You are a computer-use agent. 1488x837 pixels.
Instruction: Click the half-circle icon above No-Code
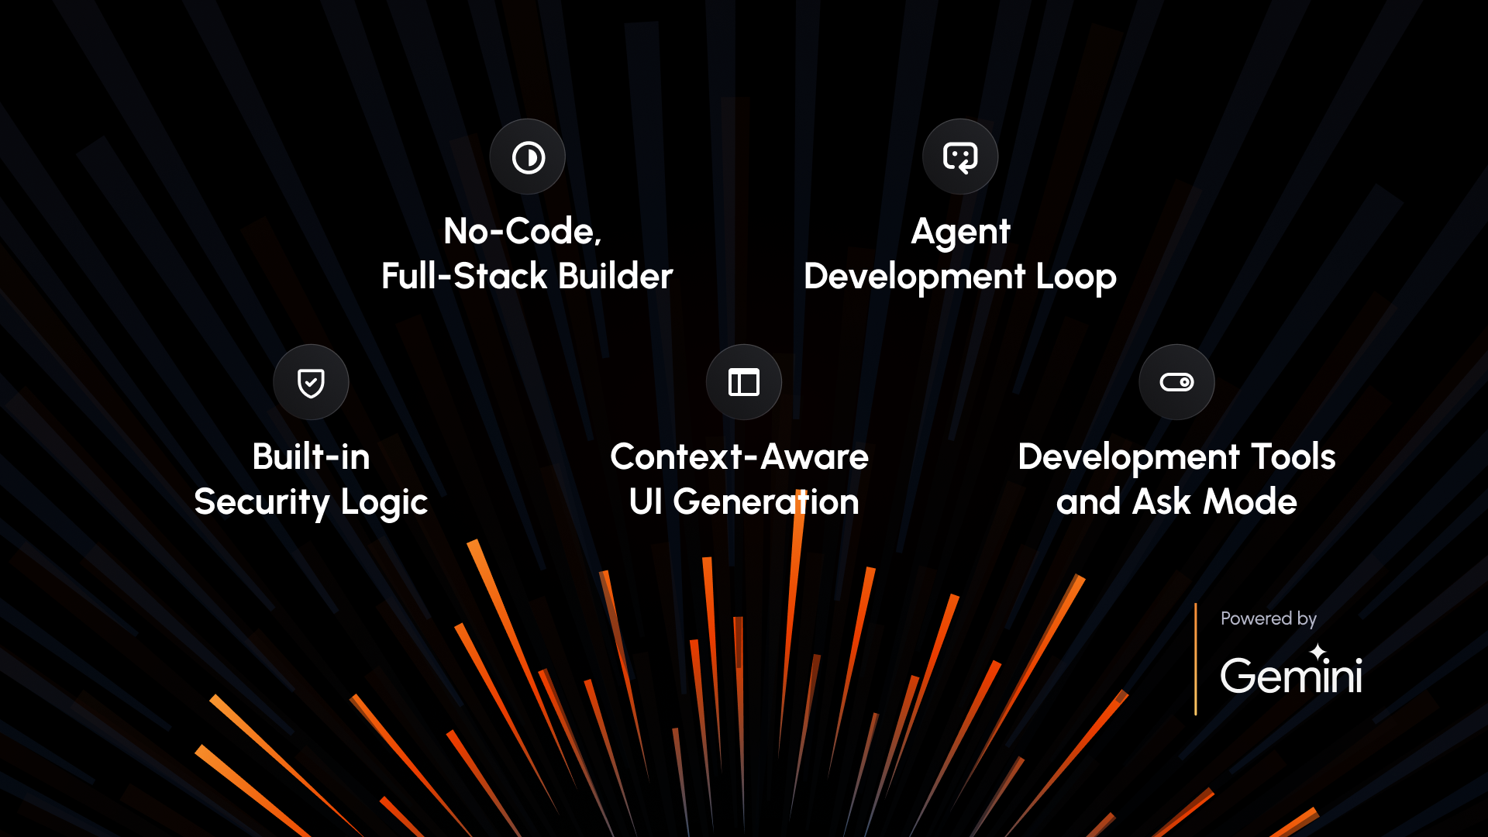[x=528, y=157]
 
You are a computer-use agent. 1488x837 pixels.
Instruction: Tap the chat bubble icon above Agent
[x=960, y=157]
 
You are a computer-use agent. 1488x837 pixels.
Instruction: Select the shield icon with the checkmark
[x=311, y=383]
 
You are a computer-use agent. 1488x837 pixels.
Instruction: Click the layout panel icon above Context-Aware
[x=744, y=382]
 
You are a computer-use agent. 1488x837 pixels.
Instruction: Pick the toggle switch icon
[x=1176, y=382]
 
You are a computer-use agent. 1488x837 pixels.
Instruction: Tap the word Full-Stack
[x=464, y=276]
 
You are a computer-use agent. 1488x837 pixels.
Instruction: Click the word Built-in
[x=311, y=456]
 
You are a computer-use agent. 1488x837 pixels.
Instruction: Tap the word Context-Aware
[x=739, y=456]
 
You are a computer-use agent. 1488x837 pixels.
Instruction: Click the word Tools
[x=1293, y=456]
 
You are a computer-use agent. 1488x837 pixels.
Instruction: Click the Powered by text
[x=1269, y=618]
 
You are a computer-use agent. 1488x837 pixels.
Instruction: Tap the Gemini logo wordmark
[x=1291, y=675]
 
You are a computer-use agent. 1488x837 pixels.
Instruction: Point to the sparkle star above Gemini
[x=1318, y=653]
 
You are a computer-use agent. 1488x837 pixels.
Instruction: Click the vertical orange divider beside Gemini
[x=1196, y=659]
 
